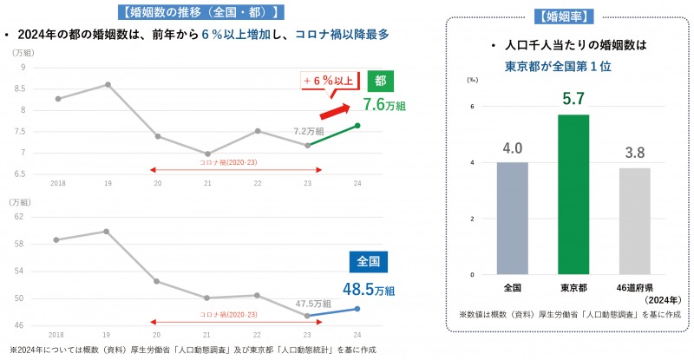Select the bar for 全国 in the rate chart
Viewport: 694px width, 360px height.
pyautogui.click(x=513, y=219)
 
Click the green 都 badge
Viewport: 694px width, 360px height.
pyautogui.click(x=380, y=81)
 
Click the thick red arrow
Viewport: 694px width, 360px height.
pyautogui.click(x=337, y=108)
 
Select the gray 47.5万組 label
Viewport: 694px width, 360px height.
pyautogui.click(x=312, y=303)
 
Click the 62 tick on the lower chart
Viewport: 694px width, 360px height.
pyautogui.click(x=19, y=216)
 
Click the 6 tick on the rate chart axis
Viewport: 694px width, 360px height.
pyautogui.click(x=473, y=107)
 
